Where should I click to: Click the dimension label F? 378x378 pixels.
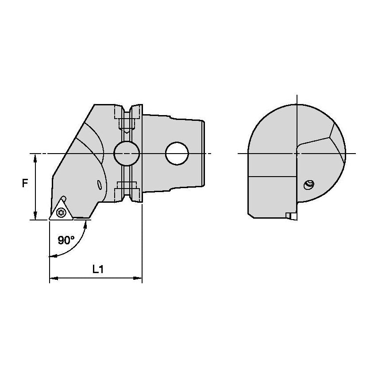click(25, 182)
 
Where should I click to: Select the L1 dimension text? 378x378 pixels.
click(98, 269)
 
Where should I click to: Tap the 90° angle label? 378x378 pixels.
click(66, 240)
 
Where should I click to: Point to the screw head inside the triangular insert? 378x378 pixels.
click(61, 214)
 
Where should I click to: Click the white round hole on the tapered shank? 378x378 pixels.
click(177, 154)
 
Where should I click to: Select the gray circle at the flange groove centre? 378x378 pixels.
click(127, 154)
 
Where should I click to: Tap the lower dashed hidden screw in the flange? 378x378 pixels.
click(127, 189)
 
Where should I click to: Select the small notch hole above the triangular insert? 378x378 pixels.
click(64, 198)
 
